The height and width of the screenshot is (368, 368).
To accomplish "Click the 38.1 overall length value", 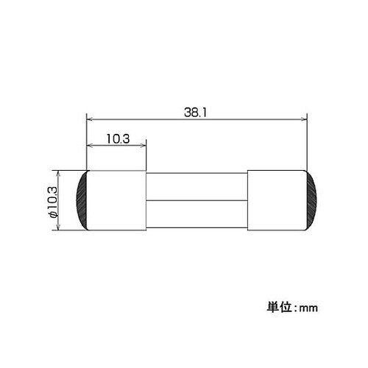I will tap(195, 111).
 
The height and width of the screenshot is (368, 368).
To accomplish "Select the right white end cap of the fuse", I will tap(276, 201).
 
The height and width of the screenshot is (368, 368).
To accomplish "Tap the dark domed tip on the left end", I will tap(83, 201).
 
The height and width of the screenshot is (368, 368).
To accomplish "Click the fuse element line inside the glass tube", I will tap(197, 201).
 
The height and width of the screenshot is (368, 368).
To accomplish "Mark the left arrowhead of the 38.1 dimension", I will tap(91, 118).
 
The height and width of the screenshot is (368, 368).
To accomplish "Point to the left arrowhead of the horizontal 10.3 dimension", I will tap(91, 145).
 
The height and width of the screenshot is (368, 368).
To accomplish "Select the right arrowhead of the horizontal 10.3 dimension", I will tap(143, 145).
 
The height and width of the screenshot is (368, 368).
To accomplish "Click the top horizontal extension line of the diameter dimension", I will tap(70, 171).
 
